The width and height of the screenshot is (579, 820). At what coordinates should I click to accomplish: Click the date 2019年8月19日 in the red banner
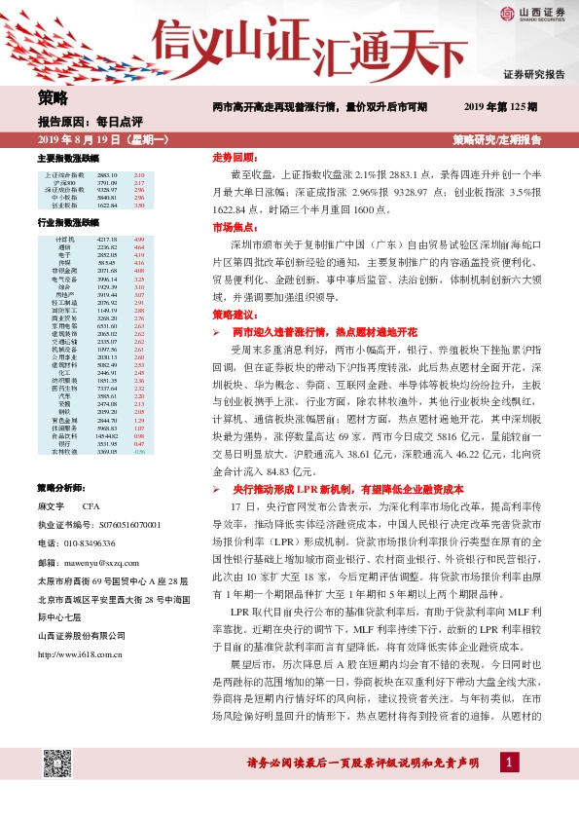pyautogui.click(x=83, y=140)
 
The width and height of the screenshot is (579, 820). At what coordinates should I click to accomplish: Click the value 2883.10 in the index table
pyautogui.click(x=108, y=174)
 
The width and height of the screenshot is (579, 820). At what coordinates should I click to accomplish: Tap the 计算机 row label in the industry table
pyautogui.click(x=65, y=239)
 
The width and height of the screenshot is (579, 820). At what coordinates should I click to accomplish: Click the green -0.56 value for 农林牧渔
pyautogui.click(x=138, y=479)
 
